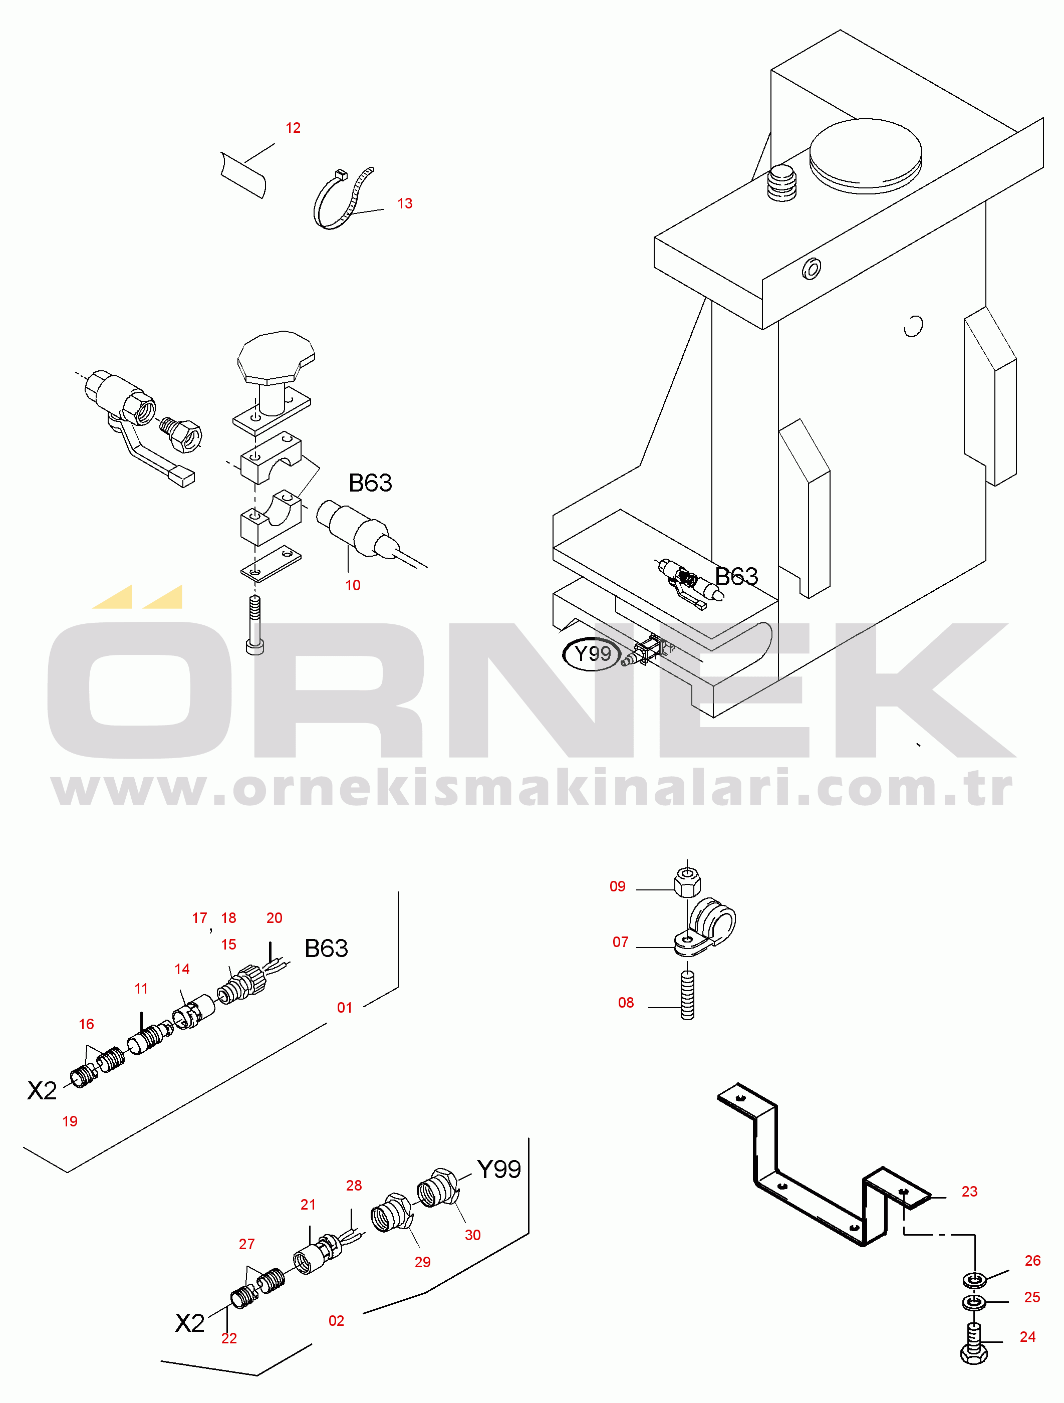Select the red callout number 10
353,585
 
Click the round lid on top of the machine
866,155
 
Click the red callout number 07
620,942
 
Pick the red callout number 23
969,1191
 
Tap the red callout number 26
1033,1260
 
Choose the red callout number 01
344,1007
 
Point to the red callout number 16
86,1024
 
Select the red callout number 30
472,1235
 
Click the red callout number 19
70,1121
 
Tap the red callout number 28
354,1186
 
